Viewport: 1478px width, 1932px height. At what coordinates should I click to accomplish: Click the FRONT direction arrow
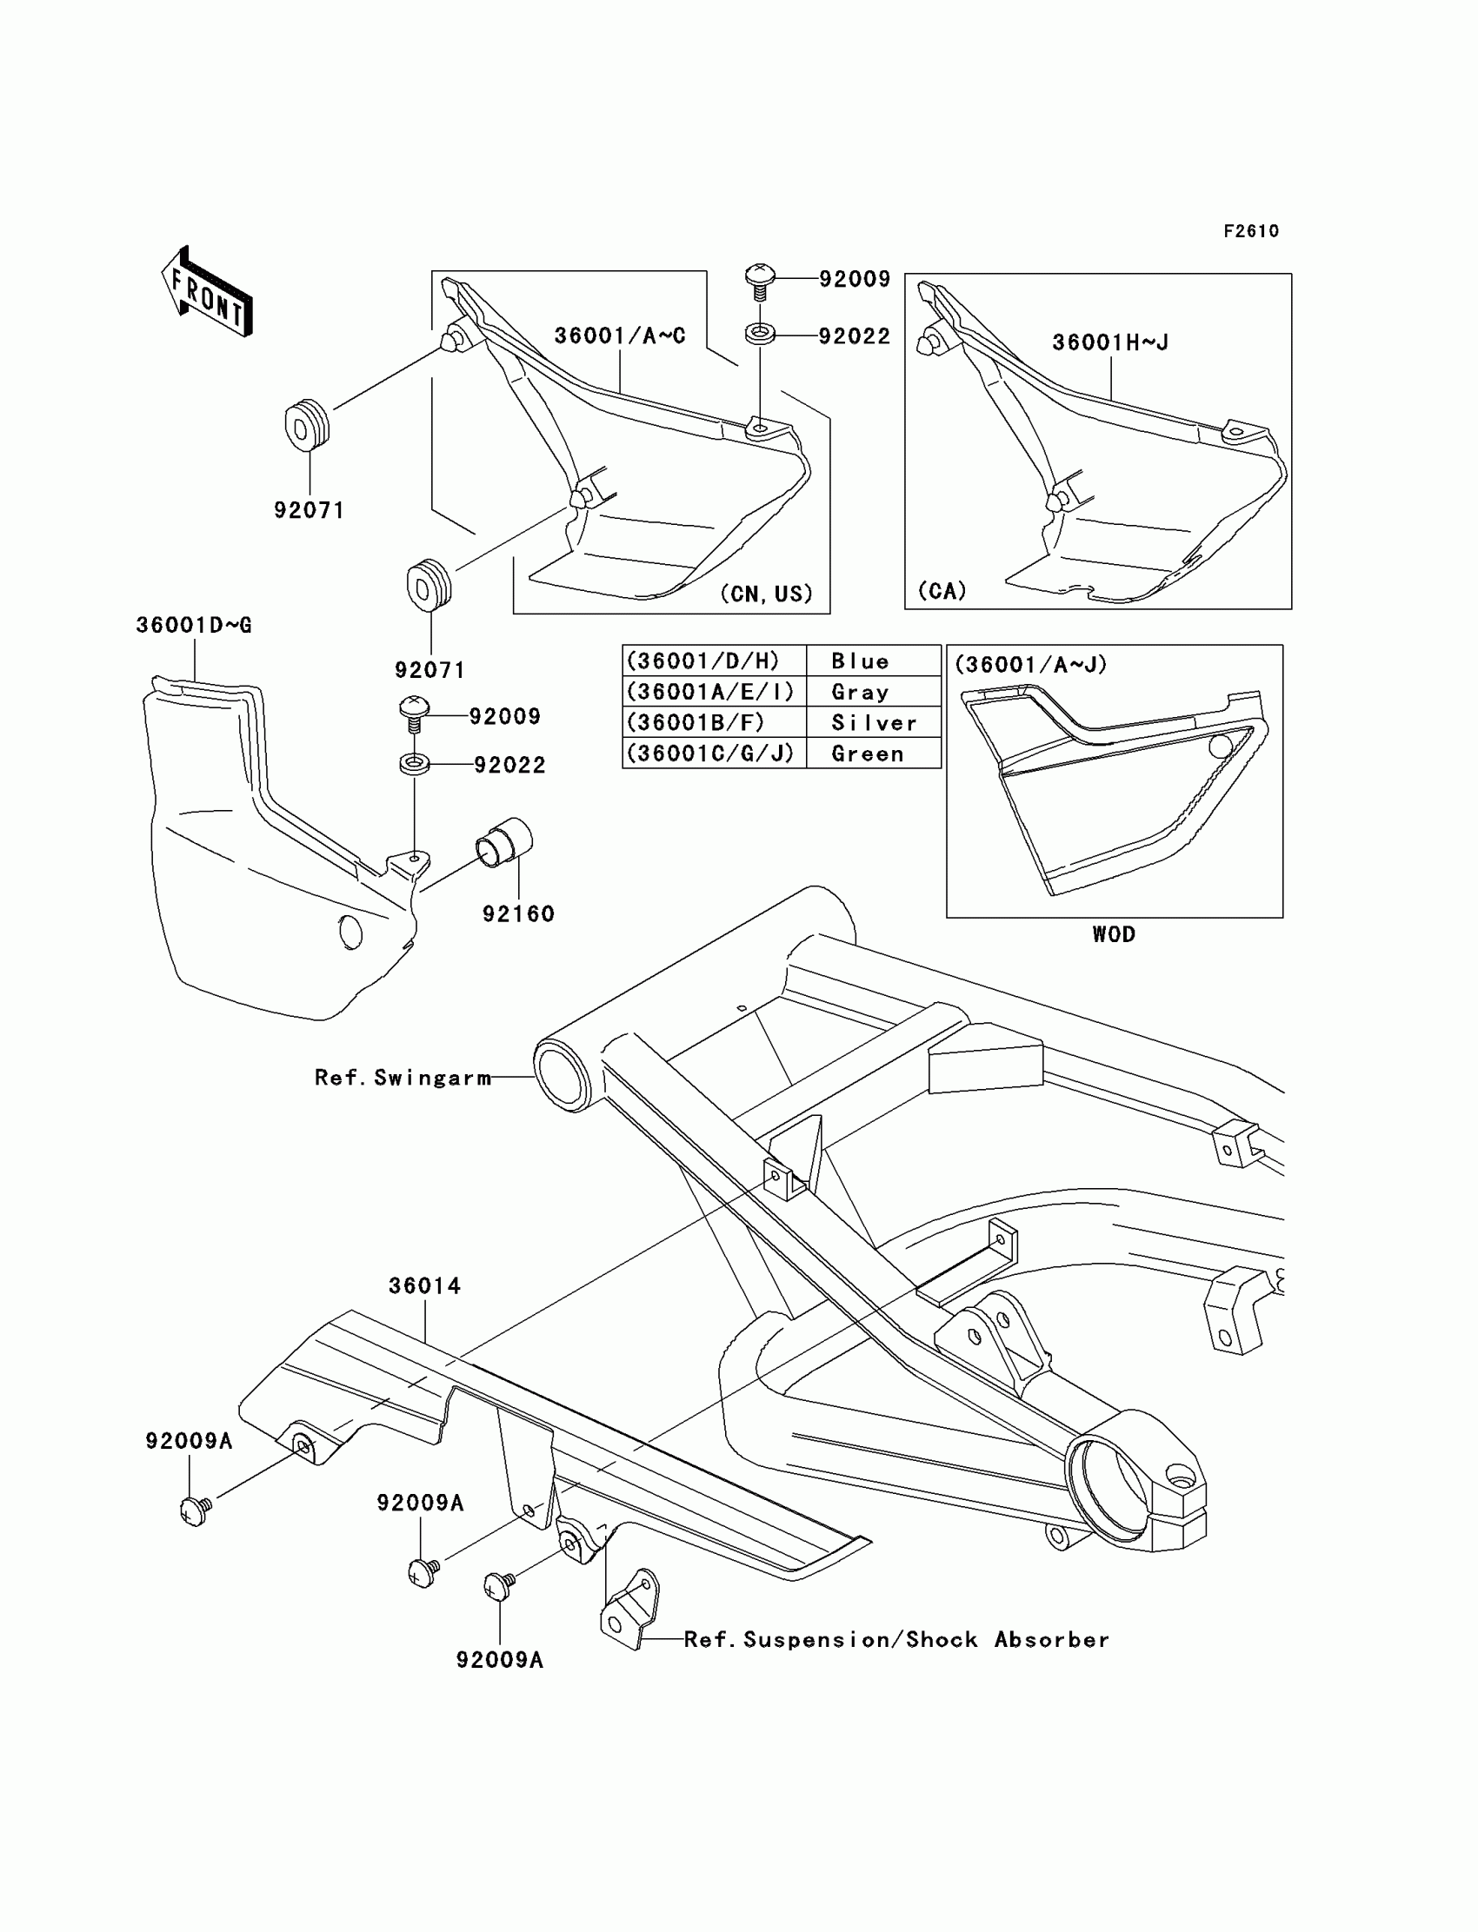[x=208, y=291]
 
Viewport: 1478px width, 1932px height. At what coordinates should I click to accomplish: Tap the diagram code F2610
[x=1250, y=231]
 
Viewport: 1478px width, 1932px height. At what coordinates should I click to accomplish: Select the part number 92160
[x=518, y=913]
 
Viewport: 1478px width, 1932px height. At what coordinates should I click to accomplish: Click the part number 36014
[x=425, y=1285]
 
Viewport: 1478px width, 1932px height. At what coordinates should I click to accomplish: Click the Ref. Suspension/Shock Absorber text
[x=896, y=1640]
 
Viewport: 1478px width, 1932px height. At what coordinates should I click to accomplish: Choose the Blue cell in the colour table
[x=860, y=661]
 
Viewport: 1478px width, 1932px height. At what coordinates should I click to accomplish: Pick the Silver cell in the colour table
[x=874, y=723]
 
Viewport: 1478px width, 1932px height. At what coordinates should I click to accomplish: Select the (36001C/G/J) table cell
[x=711, y=754]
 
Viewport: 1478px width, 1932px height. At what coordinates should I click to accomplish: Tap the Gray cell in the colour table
[x=860, y=692]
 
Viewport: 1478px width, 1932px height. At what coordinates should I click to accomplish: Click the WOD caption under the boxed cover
[x=1114, y=934]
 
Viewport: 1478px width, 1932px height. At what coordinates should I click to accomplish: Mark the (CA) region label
[x=942, y=590]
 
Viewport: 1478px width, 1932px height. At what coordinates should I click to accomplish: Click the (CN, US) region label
[x=766, y=594]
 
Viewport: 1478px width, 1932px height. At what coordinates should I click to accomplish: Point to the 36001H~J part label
[x=1110, y=342]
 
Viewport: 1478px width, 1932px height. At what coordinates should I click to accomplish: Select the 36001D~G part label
[x=194, y=625]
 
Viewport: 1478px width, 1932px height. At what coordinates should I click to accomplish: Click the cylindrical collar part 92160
[x=505, y=842]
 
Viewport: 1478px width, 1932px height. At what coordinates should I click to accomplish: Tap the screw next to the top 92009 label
[x=760, y=281]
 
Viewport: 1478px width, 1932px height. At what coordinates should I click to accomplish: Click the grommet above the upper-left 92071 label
[x=307, y=425]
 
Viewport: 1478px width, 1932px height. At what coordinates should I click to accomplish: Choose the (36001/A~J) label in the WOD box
[x=1030, y=665]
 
